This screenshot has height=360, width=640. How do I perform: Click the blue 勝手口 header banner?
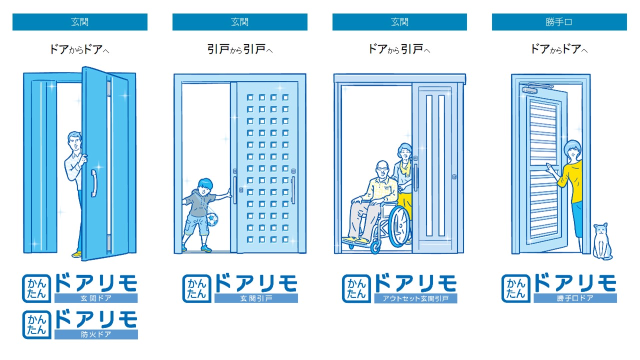pos(559,21)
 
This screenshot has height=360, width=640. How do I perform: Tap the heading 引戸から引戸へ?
pos(240,49)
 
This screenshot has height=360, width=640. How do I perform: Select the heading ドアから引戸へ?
pos(399,49)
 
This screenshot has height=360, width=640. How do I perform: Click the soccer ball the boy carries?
pos(211,219)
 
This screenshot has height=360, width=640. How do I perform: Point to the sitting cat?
pos(602,241)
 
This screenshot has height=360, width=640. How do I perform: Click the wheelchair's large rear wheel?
pos(399,226)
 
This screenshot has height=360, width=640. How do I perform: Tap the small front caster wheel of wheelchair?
pos(375,247)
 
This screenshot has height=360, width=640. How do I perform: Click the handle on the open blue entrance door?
pos(93,183)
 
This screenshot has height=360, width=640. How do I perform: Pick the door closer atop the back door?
pos(534,87)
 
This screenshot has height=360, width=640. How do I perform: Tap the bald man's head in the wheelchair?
pos(382,169)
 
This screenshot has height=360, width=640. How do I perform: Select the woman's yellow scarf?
pos(405,168)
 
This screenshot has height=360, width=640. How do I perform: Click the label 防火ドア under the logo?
pos(96,334)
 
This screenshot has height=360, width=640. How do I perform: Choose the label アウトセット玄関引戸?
pos(415,298)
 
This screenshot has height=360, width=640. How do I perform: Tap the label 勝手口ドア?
pos(575,298)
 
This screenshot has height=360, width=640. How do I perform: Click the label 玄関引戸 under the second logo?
pos(256,298)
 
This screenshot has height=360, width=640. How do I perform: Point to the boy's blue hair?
pos(205,183)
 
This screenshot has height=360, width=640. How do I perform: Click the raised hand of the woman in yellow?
pos(549,167)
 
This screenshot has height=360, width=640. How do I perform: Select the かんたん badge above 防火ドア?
pos(36,324)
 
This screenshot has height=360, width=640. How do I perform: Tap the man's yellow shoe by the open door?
pos(76,253)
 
